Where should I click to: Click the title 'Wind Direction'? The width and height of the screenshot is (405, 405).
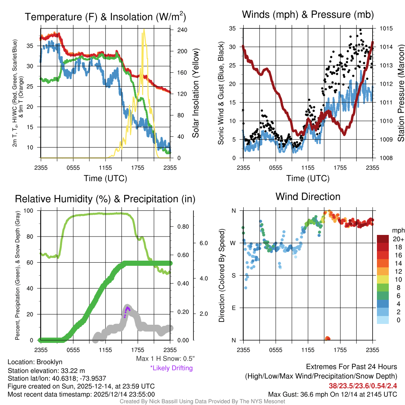[308, 197]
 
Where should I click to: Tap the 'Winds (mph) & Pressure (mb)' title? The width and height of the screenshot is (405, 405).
[308, 15]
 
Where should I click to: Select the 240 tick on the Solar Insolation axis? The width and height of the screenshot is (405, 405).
[182, 30]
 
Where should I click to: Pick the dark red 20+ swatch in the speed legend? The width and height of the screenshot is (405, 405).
[384, 239]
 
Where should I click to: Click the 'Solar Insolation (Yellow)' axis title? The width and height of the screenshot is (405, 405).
[196, 93]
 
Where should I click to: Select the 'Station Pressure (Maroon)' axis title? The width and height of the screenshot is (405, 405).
[401, 93]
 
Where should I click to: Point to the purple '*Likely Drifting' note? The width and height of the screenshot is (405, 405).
[171, 368]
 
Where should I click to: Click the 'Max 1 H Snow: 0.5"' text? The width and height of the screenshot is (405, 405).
[165, 359]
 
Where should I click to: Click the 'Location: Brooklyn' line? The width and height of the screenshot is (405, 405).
[35, 362]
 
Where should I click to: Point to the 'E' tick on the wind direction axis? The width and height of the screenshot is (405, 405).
[233, 308]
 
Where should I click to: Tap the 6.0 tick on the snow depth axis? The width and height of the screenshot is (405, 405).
[203, 243]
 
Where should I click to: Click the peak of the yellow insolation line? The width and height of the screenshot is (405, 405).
[144, 30]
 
